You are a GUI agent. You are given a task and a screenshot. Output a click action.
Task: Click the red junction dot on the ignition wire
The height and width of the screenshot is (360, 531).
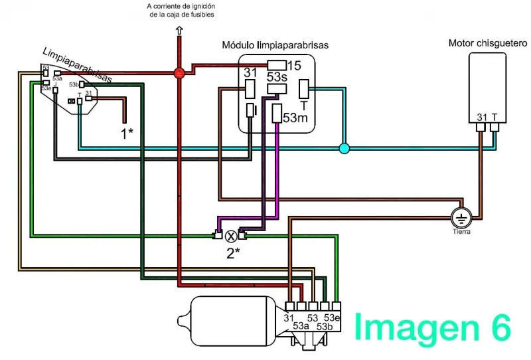coord(179,73)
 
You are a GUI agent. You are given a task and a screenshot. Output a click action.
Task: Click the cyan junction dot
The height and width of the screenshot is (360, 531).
coord(344,148)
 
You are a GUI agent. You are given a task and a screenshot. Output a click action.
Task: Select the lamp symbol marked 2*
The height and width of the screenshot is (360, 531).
coord(231,235)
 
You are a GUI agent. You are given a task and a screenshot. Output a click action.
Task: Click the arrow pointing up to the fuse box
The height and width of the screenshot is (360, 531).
coord(179,30)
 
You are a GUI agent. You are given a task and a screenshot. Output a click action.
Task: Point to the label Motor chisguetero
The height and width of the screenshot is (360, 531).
coord(487,43)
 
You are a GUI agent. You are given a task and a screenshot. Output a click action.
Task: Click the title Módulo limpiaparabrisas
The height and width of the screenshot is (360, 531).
coord(275,45)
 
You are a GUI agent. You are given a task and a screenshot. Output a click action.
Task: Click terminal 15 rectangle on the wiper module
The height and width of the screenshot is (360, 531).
coord(276,65)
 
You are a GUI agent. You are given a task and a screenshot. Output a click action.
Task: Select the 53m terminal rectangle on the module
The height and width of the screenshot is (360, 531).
coord(277,113)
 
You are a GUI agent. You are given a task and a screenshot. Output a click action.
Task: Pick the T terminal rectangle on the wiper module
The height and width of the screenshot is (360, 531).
coord(303,89)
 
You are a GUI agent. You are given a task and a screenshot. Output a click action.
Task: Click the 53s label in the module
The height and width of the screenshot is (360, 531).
coord(276,77)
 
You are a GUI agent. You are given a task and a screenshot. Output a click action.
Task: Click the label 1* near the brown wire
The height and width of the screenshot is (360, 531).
coord(127,132)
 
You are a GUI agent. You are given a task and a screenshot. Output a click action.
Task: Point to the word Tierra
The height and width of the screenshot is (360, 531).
coord(461,232)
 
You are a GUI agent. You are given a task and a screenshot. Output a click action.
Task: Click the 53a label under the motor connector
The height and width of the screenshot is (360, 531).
coord(301,327)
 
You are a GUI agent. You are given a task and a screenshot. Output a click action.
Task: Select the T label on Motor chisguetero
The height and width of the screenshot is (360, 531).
coord(494,118)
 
